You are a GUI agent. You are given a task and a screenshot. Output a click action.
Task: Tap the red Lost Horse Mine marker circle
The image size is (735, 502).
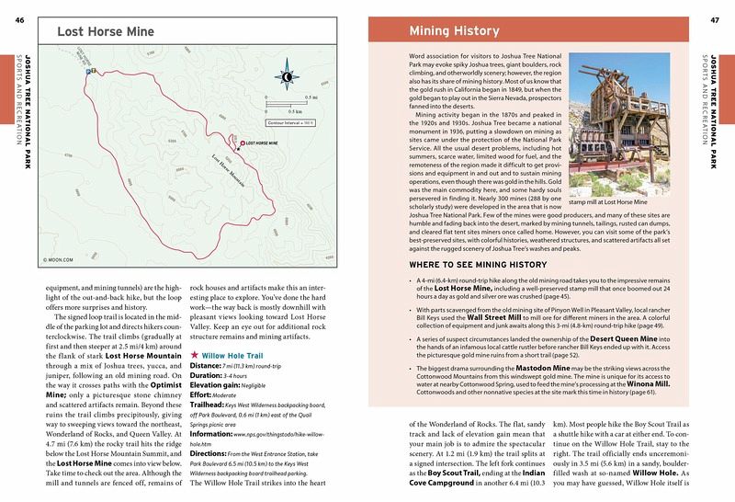coord(241,145)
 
